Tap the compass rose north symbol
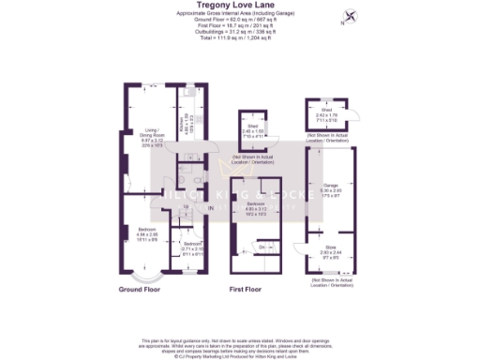pyautogui.click(x=351, y=16)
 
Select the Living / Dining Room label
pyautogui.click(x=144, y=134)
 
